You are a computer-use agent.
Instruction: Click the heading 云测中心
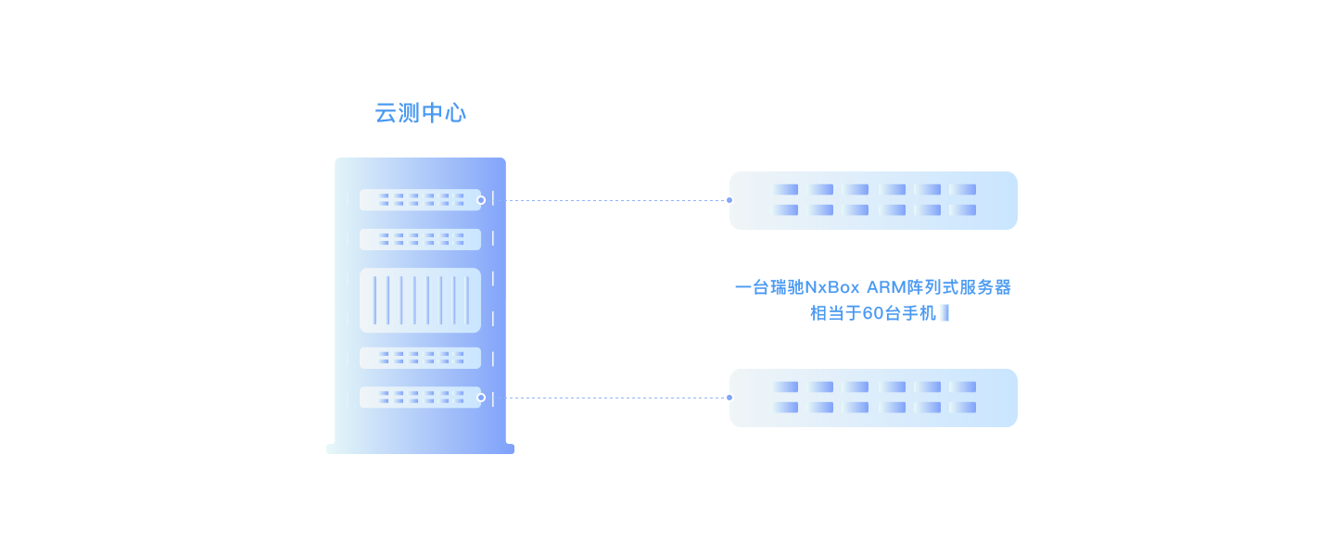[420, 113]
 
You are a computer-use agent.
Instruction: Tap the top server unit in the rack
[420, 199]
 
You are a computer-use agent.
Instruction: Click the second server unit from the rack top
[420, 239]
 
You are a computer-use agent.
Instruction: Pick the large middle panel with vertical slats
[420, 300]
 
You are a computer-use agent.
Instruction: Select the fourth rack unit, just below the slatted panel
[420, 358]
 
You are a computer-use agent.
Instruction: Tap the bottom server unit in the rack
[420, 398]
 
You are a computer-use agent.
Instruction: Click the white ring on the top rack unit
[480, 200]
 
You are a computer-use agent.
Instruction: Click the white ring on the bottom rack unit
[480, 398]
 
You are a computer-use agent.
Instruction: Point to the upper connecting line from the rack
[616, 199]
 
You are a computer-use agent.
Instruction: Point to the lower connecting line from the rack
[616, 398]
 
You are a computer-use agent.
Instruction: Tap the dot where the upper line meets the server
[729, 199]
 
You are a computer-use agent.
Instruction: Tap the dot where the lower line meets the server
[729, 398]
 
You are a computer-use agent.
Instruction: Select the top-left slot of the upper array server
[785, 190]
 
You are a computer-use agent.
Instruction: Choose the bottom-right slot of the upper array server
[963, 210]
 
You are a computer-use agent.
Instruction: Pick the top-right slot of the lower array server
[963, 387]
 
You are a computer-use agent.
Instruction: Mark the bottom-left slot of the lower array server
[785, 408]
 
